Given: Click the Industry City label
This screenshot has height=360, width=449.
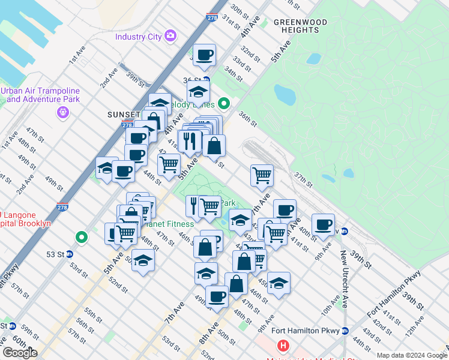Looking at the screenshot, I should (139, 37).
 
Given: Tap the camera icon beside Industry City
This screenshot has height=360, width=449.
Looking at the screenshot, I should (170, 36).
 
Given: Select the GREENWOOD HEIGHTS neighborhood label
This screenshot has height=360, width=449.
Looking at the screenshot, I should (300, 26).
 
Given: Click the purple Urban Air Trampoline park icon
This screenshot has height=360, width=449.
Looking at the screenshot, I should (62, 112).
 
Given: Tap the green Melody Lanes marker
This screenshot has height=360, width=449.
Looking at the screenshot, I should (224, 104).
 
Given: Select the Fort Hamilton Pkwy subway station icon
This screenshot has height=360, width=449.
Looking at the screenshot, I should (345, 331).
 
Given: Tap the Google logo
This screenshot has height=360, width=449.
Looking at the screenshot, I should (19, 353).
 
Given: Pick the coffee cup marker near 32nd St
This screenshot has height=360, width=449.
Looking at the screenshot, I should (204, 55).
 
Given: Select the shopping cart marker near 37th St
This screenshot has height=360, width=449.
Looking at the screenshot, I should (262, 175).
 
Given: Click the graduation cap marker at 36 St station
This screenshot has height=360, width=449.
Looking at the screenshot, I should (198, 92).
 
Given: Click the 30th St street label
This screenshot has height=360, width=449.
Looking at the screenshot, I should (239, 11).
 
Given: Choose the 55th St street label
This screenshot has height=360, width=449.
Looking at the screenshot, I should (93, 314).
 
